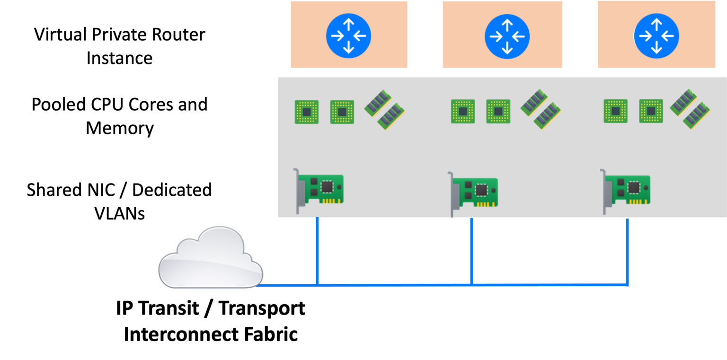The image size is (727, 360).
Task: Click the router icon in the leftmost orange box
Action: point(348,36)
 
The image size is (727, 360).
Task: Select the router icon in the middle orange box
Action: point(507,36)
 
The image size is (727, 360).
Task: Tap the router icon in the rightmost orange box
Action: point(656,36)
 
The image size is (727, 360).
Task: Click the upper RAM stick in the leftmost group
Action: point(378,103)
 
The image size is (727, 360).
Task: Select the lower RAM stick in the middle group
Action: point(547,116)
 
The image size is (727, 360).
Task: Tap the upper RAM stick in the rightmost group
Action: point(683,102)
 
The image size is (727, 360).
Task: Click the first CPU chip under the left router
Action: point(307,112)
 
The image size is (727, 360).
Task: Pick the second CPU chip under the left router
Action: point(342,112)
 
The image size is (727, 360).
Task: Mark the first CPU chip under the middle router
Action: point(463,112)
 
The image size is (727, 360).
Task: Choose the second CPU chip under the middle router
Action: point(498,112)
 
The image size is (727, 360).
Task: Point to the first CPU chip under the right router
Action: point(616,111)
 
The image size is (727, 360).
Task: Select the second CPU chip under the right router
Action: point(651,111)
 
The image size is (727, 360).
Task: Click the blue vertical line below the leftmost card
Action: point(317,251)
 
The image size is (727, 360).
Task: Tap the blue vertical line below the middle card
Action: point(471,251)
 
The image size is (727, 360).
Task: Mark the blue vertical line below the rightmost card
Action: point(627,251)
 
